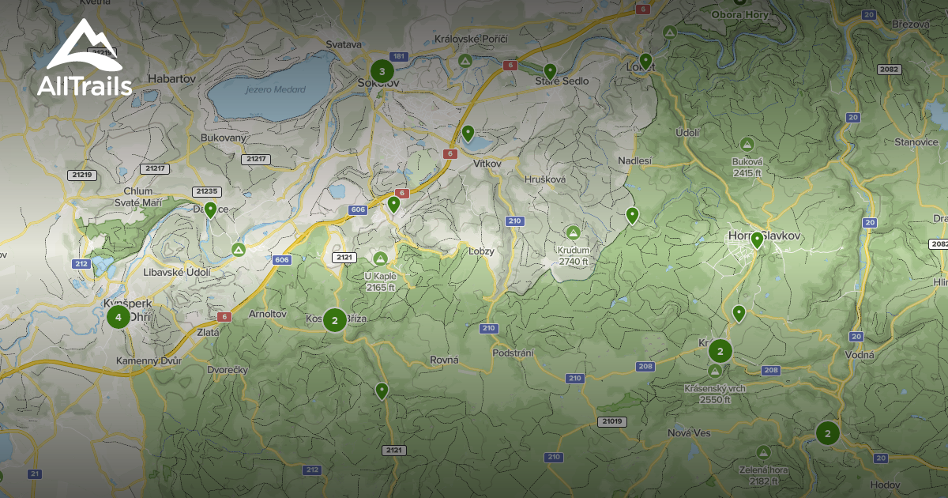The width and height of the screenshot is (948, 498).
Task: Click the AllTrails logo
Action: point(84,58)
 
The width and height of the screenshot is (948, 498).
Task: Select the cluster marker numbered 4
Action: point(118,318)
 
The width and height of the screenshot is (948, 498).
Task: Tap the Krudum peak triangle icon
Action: point(574,233)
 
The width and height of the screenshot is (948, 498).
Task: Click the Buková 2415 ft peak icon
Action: point(747,145)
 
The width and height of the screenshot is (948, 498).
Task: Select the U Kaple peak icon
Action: point(380,258)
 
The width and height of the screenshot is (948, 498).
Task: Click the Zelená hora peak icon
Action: point(763,452)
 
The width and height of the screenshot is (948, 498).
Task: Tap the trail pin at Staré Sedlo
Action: point(550,70)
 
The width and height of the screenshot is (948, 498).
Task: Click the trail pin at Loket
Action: point(645,60)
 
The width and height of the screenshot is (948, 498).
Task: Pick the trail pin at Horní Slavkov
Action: point(757,240)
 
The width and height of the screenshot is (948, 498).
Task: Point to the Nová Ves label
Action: point(689,432)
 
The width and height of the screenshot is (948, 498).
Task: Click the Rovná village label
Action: point(444,360)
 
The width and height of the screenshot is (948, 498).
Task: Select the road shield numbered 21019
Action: point(611,421)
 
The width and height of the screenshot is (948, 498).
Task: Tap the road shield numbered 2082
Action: point(889,70)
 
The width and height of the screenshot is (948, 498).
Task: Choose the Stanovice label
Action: point(916,142)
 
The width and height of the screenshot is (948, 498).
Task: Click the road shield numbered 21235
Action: point(207,191)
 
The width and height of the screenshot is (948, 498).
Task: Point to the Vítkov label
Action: point(487,161)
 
